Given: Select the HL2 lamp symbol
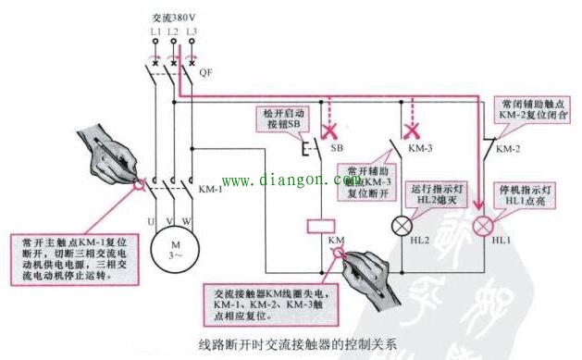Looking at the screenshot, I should [x=402, y=225].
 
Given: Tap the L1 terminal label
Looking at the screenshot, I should [x=154, y=33].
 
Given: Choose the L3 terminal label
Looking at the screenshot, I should [x=191, y=33].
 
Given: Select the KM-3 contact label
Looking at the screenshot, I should [x=423, y=147].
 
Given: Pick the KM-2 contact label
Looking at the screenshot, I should [x=508, y=148].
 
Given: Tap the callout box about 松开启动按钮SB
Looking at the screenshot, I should [x=283, y=118].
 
